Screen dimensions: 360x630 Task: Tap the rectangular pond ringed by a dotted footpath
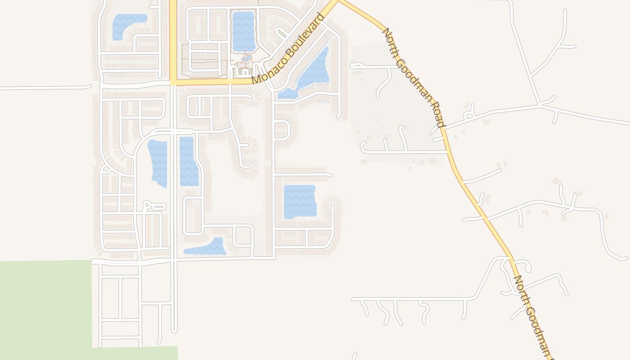coord(243,31)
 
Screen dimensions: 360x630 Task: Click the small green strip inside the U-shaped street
coord(282,33)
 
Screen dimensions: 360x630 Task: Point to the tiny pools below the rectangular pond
coord(246,58)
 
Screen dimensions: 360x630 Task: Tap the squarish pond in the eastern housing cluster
coord(300,201)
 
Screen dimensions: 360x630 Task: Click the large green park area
coord(45,306)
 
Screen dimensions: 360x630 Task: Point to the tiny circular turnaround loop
coord(146,206)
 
